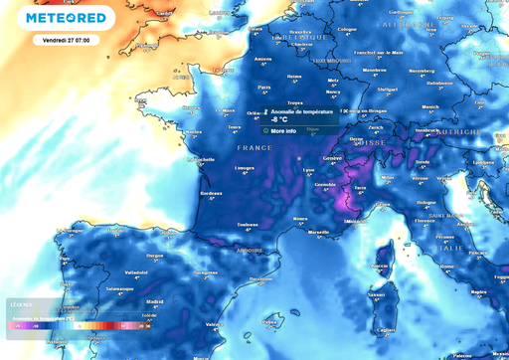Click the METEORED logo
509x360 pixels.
click(68, 18)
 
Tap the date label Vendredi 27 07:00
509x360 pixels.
click(67, 40)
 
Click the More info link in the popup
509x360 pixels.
click(283, 130)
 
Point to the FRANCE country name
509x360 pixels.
click(254, 147)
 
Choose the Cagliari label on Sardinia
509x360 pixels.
click(386, 328)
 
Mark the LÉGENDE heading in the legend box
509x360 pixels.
click(21, 304)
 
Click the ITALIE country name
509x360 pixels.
click(450, 248)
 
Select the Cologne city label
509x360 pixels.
click(346, 29)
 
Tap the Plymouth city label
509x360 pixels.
click(152, 37)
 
